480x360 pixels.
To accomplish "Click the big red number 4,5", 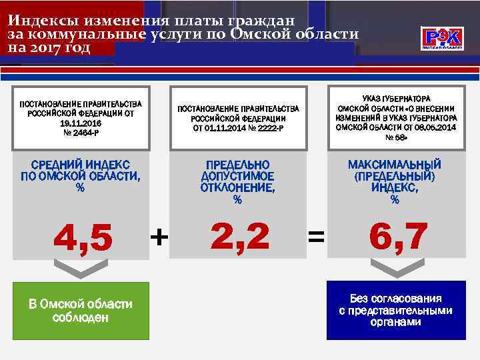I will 83,238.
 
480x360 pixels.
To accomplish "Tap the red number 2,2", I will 240,237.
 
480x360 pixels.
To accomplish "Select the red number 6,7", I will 397,237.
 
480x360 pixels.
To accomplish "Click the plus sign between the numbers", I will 159,236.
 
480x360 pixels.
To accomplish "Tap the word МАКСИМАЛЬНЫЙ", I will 395,165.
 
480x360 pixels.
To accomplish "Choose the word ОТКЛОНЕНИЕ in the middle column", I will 237,187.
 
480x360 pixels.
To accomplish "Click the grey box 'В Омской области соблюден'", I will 81,311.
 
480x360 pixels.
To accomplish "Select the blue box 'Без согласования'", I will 395,310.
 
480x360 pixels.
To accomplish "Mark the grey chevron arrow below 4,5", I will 81,268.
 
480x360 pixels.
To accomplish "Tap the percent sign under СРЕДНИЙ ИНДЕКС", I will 80,188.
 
